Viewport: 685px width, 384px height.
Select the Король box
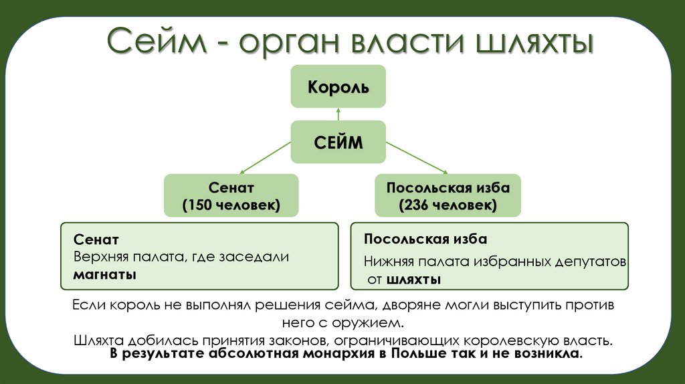[x=337, y=86]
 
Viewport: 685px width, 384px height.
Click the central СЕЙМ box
[x=338, y=142]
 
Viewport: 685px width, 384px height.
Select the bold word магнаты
[x=105, y=274]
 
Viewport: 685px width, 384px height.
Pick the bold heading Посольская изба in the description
[x=425, y=239]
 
